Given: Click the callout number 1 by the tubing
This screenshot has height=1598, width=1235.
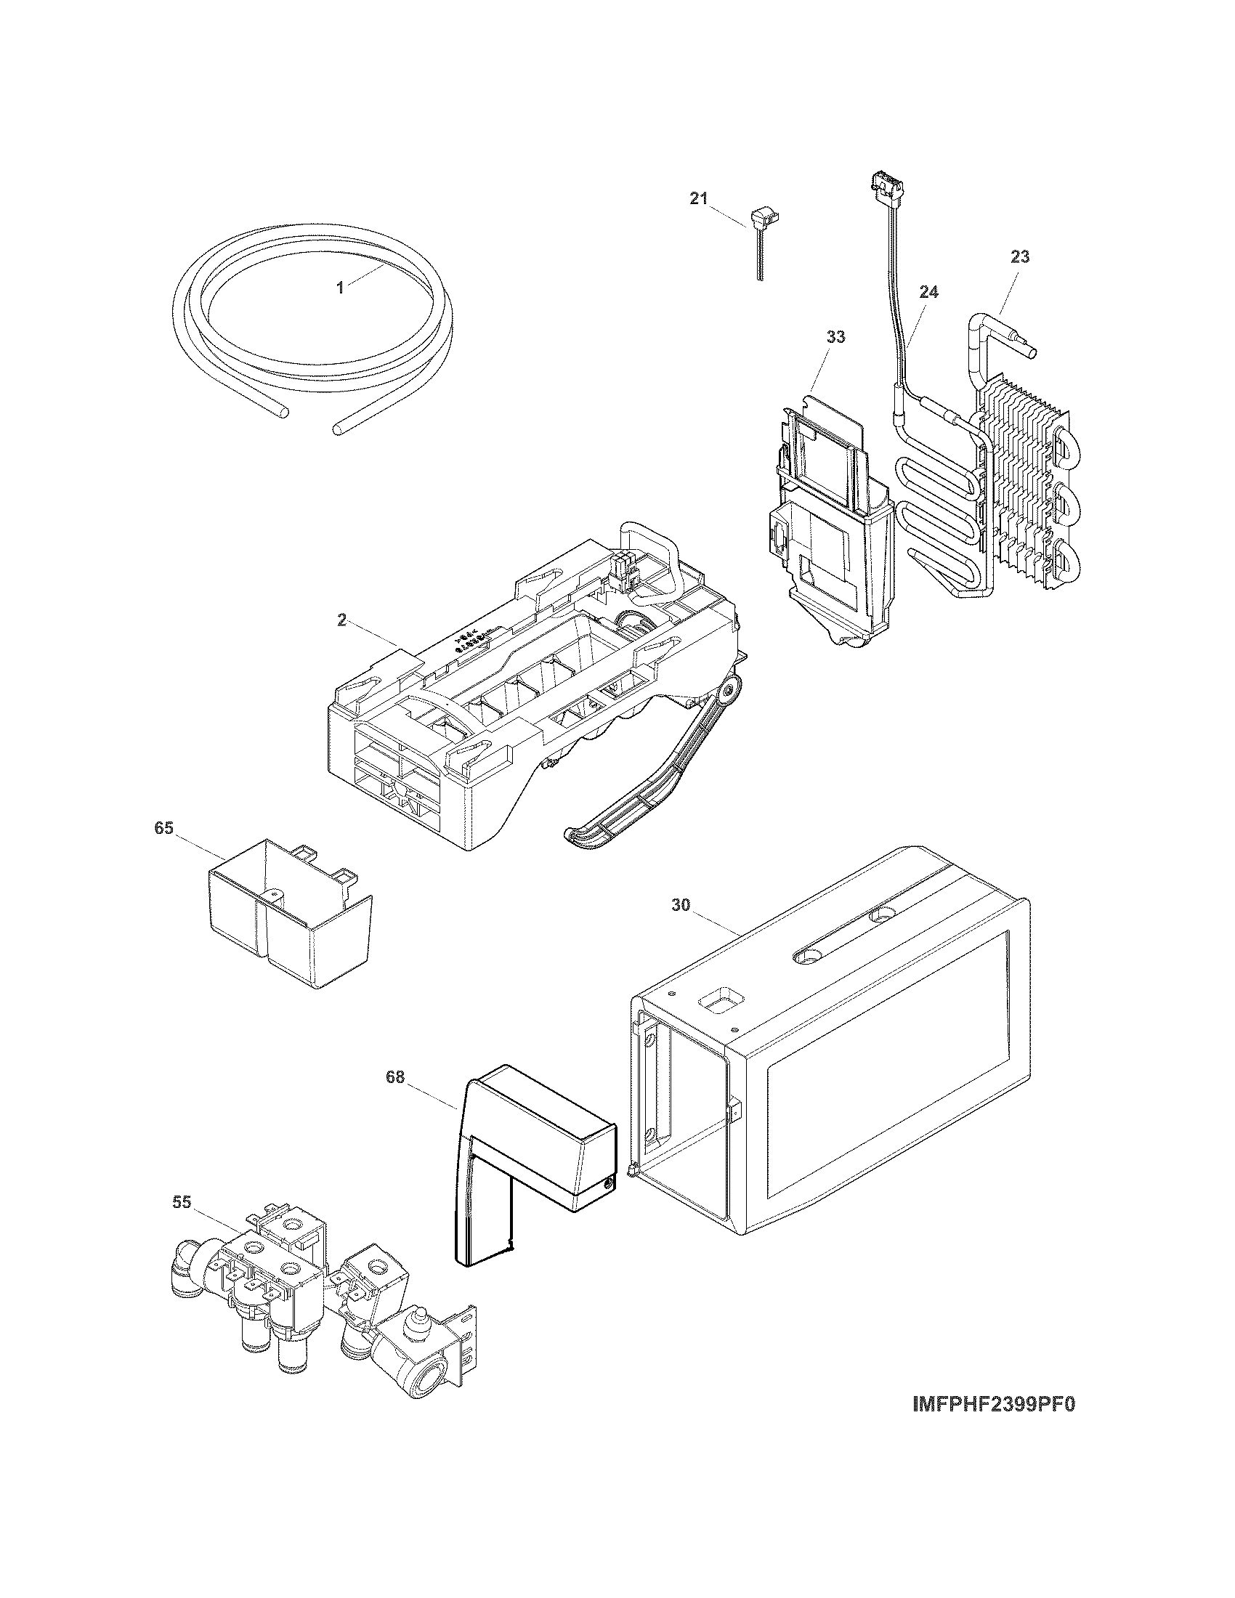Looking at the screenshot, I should pos(340,288).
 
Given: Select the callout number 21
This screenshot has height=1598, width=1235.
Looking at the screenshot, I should pos(699,198).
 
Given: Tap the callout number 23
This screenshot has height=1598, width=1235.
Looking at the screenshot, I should pos(1021,257).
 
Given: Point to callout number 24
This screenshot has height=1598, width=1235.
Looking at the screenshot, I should pos(928,292).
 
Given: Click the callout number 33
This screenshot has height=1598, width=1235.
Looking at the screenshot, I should pos(835,336).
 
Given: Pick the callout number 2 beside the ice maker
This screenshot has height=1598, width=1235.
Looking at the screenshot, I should pos(341,620).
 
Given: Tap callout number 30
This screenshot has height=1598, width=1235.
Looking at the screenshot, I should pos(681,905).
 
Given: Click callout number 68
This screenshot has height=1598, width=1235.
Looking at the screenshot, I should pos(395,1078).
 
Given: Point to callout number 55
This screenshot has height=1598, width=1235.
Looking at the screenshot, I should pos(182,1201).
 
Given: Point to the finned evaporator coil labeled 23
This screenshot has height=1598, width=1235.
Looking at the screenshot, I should pos(1021,483).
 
